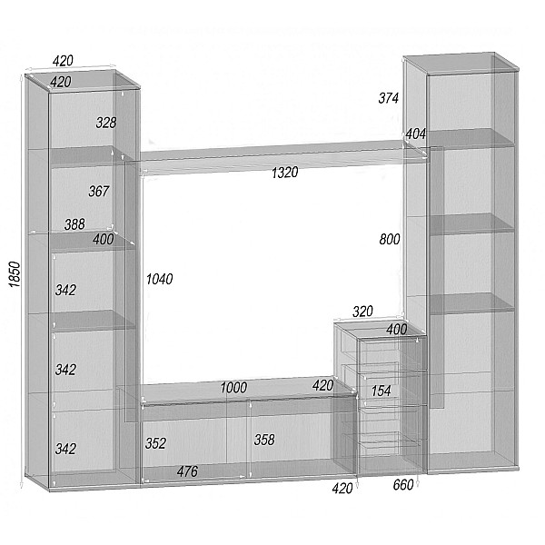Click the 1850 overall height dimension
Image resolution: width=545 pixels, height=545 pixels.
click(15, 274)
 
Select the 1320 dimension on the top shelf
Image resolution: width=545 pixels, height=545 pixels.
click(284, 173)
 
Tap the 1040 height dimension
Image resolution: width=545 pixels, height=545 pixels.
click(159, 279)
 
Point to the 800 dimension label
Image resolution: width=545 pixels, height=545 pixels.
click(390, 239)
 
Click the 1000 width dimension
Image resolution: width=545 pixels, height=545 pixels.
click(233, 388)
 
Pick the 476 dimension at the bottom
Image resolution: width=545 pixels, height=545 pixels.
click(187, 471)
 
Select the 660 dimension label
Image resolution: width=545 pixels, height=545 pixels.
click(403, 485)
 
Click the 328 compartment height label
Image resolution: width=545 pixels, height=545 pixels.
click(106, 123)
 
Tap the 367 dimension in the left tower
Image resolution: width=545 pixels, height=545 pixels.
click(99, 191)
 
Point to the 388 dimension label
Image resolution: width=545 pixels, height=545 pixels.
click(74, 224)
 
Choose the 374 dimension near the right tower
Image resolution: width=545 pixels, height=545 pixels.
click(388, 98)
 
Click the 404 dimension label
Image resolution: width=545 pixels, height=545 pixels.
click(416, 134)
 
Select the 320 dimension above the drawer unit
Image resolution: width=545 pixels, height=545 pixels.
click(362, 312)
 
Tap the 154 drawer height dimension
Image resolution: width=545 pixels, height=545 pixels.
click(381, 391)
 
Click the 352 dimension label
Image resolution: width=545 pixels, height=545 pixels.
click(155, 443)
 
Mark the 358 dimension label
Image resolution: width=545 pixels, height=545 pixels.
click(264, 440)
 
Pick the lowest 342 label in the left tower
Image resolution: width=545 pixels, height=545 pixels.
click(65, 449)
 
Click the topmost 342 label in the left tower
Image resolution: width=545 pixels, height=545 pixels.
click(65, 291)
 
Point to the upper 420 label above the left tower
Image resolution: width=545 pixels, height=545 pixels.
click(63, 61)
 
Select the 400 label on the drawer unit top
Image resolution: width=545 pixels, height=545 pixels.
click(397, 330)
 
